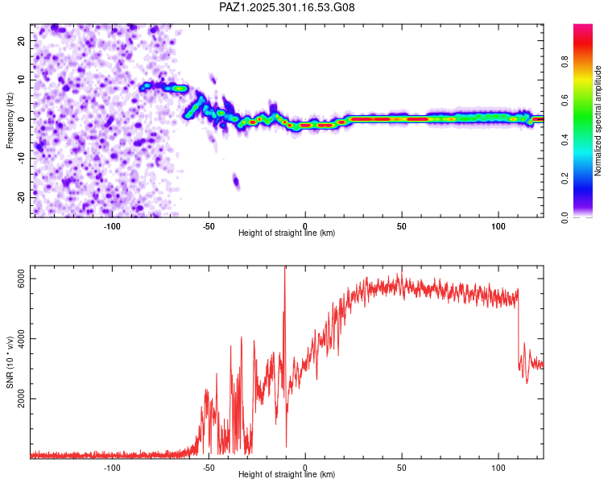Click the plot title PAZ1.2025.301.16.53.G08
[x=288, y=7]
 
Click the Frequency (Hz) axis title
[x=10, y=119]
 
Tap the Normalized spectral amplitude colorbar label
[x=598, y=121]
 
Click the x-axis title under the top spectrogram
[x=287, y=233]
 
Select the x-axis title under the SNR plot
[x=287, y=474]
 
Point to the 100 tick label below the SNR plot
[x=498, y=466]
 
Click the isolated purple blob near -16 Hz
[x=236, y=181]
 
